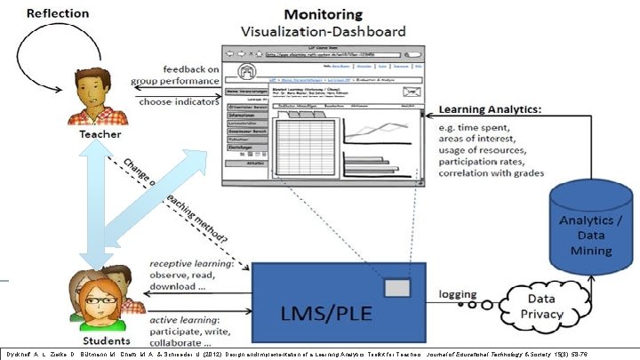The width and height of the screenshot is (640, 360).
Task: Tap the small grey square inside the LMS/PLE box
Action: pyautogui.click(x=397, y=288)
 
